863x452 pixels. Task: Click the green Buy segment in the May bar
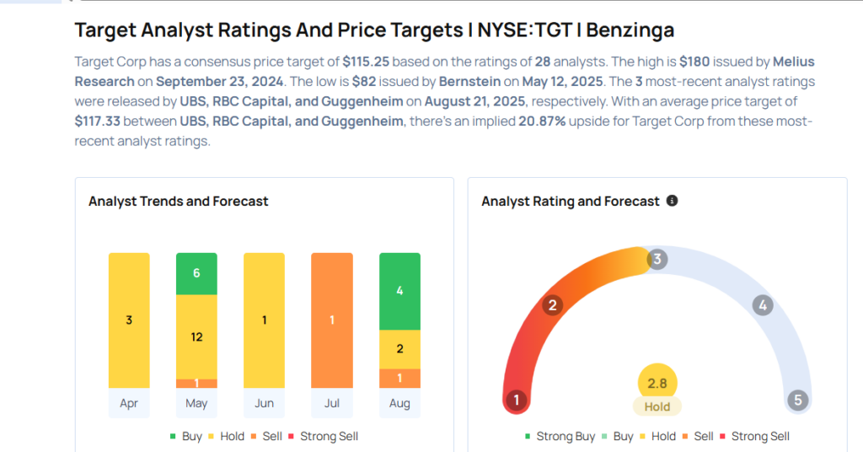(196, 273)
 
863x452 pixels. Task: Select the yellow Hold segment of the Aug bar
(399, 349)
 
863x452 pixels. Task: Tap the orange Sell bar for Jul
(332, 320)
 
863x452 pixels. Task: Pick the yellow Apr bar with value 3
(129, 320)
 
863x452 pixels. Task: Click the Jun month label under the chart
(264, 403)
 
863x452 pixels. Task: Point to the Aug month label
(399, 403)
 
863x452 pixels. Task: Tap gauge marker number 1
(516, 400)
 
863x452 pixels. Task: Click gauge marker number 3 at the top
(657, 259)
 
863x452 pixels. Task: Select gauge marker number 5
(797, 400)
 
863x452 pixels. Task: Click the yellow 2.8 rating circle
(657, 384)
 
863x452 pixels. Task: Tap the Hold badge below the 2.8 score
(657, 406)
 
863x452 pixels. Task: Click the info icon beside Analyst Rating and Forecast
(672, 201)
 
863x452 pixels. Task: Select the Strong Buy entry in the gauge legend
(560, 436)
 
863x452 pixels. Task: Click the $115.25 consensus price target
(366, 62)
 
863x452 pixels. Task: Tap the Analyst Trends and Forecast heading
(179, 202)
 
